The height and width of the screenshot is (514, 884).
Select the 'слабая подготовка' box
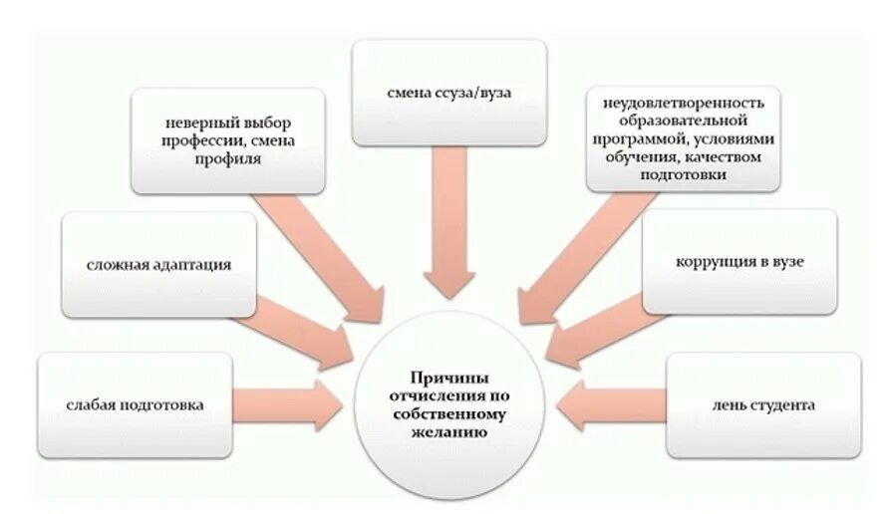136,405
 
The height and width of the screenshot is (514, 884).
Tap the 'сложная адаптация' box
158,265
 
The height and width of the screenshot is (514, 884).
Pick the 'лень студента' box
763,405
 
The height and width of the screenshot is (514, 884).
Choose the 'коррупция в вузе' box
738,262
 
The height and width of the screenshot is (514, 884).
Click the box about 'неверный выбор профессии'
229,140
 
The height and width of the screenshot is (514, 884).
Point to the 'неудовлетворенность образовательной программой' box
683,138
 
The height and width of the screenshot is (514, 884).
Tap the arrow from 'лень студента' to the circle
610,405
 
